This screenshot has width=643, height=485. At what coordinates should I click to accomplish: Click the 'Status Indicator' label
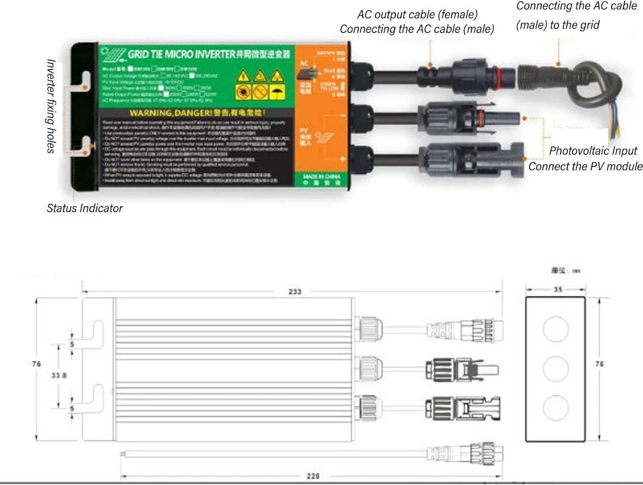click(x=84, y=208)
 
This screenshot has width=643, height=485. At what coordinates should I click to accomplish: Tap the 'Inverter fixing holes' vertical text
click(x=51, y=106)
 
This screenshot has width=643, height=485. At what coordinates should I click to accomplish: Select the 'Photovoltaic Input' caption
click(x=593, y=151)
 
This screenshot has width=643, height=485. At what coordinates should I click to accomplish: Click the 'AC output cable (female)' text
click(x=417, y=15)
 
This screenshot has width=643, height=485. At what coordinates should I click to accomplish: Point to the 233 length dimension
click(x=294, y=292)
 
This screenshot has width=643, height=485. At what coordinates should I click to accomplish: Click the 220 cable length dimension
click(x=313, y=476)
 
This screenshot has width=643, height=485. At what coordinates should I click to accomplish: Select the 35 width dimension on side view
click(x=557, y=289)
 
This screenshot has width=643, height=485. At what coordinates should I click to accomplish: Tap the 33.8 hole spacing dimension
click(x=59, y=375)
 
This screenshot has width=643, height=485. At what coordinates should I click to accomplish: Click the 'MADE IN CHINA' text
click(x=321, y=176)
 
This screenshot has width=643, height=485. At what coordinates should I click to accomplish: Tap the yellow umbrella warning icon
click(x=277, y=91)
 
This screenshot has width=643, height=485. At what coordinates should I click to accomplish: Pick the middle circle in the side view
click(x=556, y=368)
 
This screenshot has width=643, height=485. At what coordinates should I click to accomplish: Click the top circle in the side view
click(x=556, y=329)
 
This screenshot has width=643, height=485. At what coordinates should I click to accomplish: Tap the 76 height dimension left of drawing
click(x=36, y=364)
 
